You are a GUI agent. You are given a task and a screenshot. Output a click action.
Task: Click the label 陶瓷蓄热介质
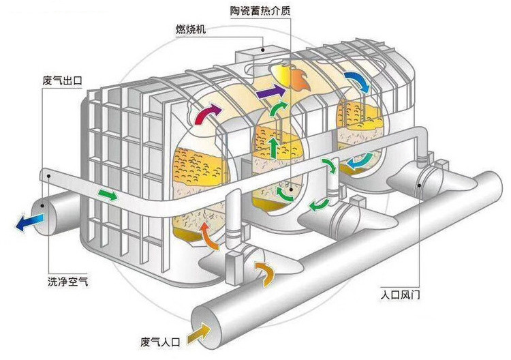pyautogui.click(x=260, y=12)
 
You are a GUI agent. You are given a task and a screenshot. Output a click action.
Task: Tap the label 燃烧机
pyautogui.click(x=191, y=30)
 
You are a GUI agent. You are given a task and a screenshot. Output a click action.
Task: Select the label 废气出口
pyautogui.click(x=62, y=80)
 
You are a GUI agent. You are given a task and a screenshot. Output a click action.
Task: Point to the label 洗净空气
pyautogui.click(x=67, y=281)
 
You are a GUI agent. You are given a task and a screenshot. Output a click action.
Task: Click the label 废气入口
pyautogui.click(x=160, y=342)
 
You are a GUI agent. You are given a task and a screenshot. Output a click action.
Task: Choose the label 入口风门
pyautogui.click(x=401, y=295)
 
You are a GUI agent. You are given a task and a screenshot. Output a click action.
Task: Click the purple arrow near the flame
pyautogui.click(x=270, y=91)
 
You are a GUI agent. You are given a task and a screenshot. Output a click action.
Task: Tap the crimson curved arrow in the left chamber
pyautogui.click(x=207, y=113)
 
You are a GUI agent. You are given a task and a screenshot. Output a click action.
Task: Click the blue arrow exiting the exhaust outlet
pyautogui.click(x=29, y=222)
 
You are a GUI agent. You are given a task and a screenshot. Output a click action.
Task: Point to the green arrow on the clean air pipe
pyautogui.click(x=108, y=194)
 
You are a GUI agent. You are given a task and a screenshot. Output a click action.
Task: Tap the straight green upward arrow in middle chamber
pyautogui.click(x=274, y=147)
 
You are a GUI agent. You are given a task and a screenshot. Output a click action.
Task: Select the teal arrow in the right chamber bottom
pyautogui.click(x=358, y=160)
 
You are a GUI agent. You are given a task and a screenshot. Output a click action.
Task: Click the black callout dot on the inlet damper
pyautogui.click(x=420, y=185)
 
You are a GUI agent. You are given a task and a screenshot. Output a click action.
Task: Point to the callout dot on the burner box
pyautogui.click(x=263, y=50)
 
